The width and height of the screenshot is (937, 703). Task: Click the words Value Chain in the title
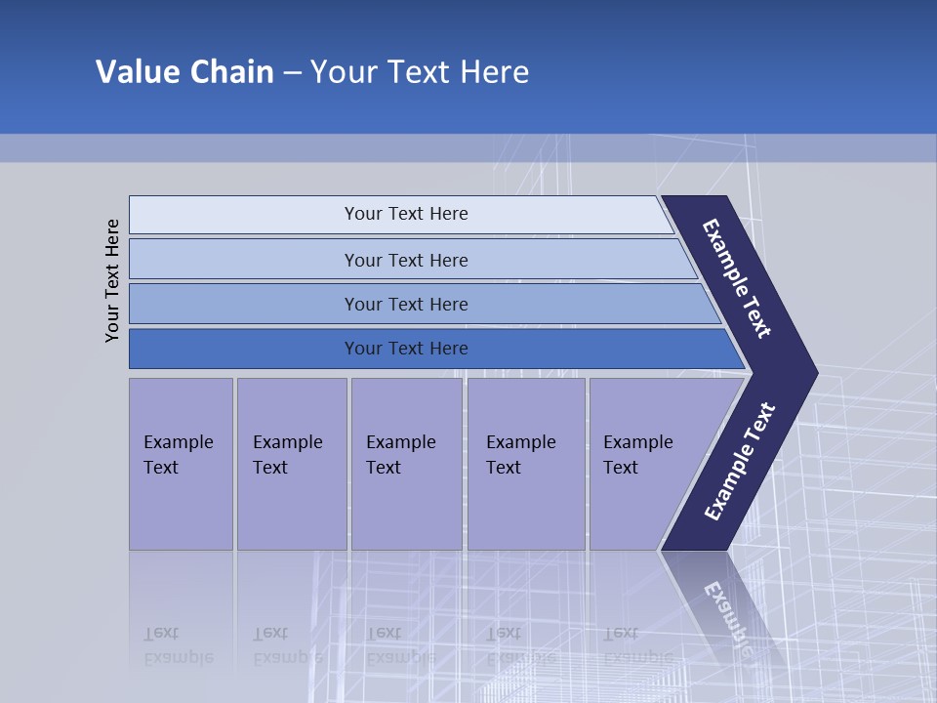click(x=184, y=72)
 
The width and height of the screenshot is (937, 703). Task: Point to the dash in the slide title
click(x=292, y=73)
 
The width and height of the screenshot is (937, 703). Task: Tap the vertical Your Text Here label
click(x=113, y=280)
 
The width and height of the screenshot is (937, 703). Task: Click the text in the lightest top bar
click(x=406, y=214)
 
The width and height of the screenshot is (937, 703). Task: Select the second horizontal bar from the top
click(x=406, y=260)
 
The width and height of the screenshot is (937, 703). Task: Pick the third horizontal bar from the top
click(x=406, y=304)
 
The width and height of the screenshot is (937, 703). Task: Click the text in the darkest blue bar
click(x=406, y=349)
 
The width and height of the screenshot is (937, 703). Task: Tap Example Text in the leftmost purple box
click(x=178, y=454)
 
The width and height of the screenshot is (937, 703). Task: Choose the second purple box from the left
click(x=290, y=464)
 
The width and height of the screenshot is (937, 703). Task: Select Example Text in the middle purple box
click(x=400, y=454)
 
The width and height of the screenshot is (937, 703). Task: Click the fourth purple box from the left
click(x=525, y=464)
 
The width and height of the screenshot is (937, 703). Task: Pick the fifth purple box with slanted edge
click(x=644, y=464)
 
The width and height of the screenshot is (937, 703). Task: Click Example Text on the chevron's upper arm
click(x=737, y=278)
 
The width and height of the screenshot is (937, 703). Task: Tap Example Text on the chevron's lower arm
click(x=739, y=462)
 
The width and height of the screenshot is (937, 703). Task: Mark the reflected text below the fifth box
click(x=637, y=645)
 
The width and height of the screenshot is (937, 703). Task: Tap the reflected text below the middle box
click(x=399, y=645)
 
